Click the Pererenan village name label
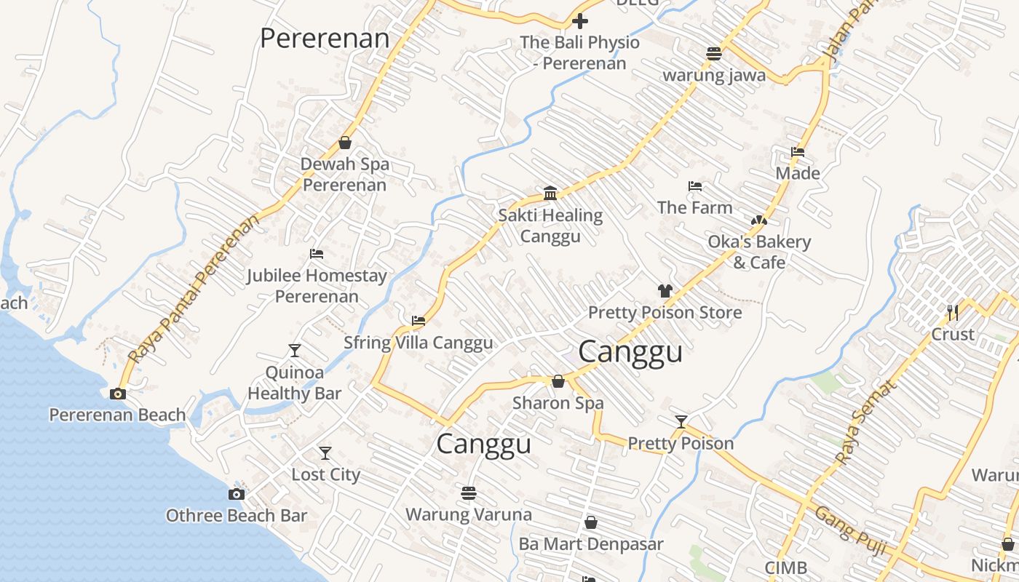(325, 38)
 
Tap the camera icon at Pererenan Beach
(117, 394)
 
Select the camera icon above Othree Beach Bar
(236, 495)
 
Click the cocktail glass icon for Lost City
(325, 453)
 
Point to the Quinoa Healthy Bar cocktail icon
(294, 351)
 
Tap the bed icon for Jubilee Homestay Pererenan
(316, 254)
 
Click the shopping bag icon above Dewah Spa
(345, 143)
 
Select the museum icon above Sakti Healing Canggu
(550, 193)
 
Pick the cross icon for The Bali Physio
(580, 21)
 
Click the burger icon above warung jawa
(713, 53)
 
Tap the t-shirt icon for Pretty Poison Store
(665, 291)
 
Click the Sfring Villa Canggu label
(418, 343)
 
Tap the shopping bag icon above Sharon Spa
(558, 381)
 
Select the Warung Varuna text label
(468, 514)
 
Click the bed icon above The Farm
(694, 186)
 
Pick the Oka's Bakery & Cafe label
(758, 252)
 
